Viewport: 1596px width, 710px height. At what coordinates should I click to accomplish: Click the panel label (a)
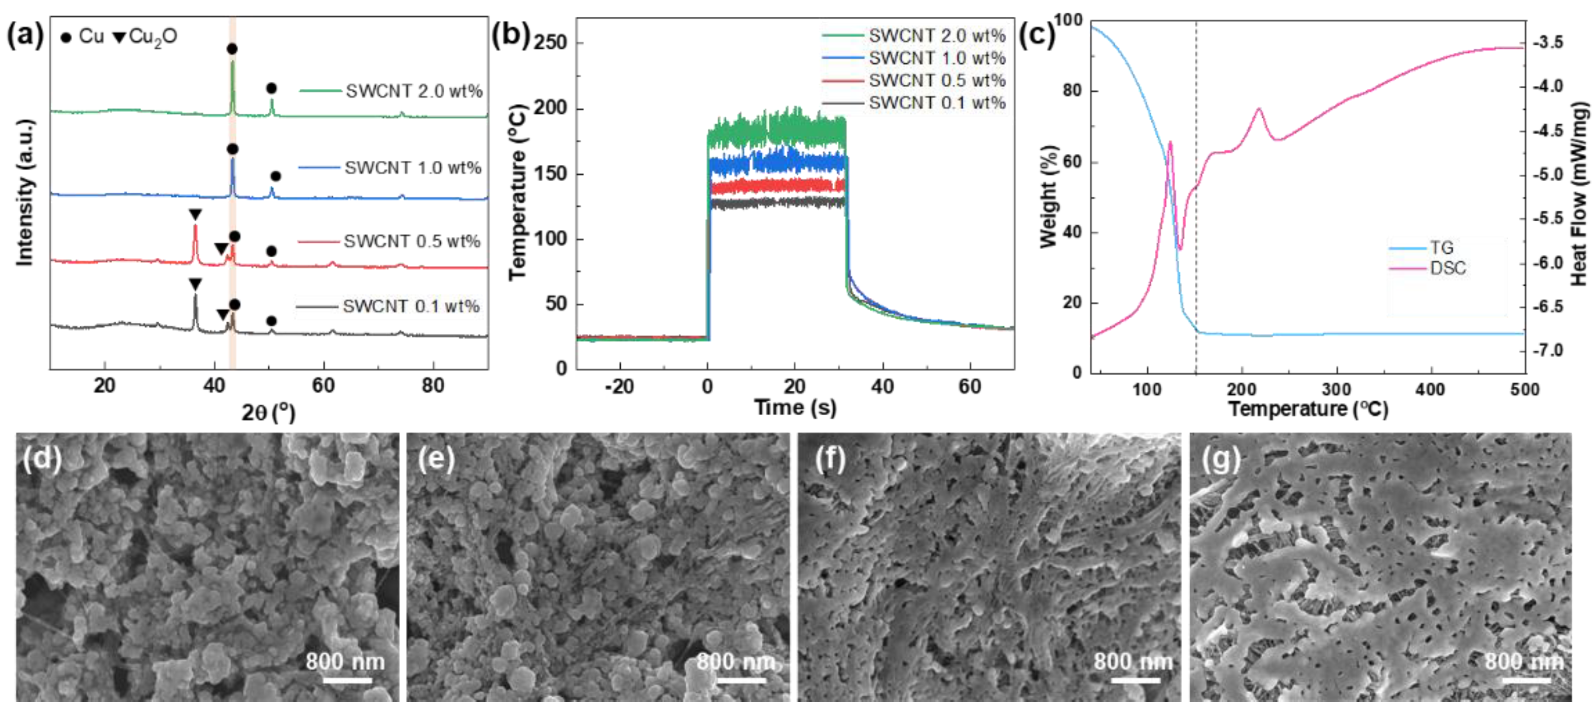(25, 36)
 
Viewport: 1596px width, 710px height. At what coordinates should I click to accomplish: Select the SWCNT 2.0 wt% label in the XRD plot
(414, 91)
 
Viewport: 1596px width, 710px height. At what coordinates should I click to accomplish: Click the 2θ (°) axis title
(268, 413)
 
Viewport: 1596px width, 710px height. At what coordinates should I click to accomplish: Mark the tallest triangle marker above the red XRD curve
(195, 215)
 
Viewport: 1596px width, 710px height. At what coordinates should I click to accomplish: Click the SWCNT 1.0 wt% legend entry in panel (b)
(937, 58)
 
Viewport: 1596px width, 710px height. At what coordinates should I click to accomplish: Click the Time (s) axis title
(795, 408)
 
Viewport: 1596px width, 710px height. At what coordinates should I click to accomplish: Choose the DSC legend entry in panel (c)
(1448, 268)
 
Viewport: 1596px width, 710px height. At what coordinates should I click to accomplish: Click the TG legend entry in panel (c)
(1441, 248)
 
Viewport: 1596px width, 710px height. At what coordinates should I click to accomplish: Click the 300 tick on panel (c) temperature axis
(1336, 389)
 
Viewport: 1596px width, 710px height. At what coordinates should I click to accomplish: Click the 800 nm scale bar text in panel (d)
(345, 662)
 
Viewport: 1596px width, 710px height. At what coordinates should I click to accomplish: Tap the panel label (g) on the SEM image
(1221, 459)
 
